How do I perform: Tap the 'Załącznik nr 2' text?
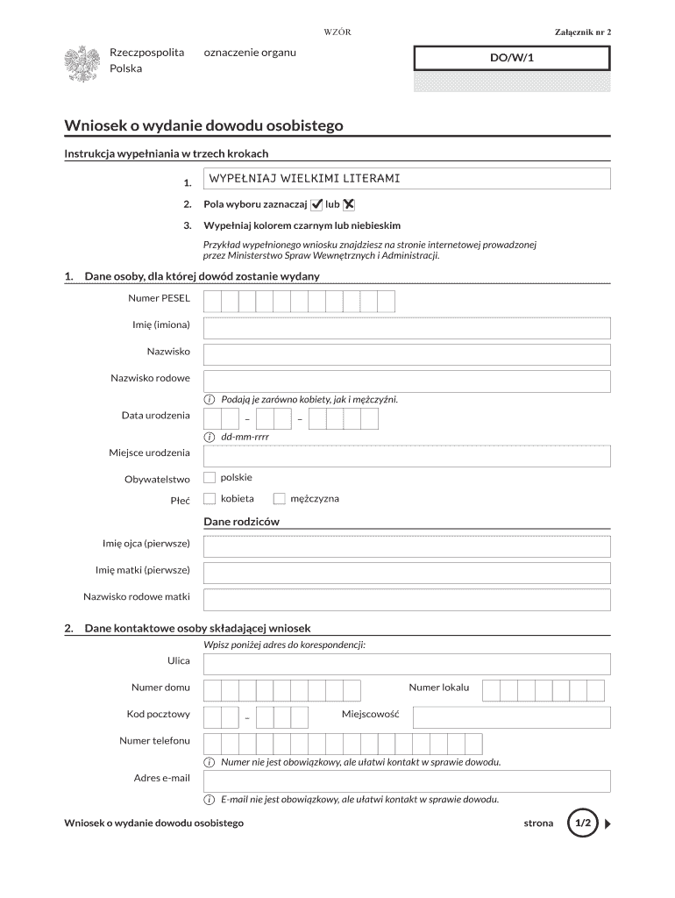pyautogui.click(x=582, y=32)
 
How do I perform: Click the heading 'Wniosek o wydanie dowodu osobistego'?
pyautogui.click(x=203, y=125)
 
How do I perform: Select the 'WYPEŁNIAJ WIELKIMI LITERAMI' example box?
pyautogui.click(x=407, y=179)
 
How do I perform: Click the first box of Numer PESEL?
pyautogui.click(x=212, y=302)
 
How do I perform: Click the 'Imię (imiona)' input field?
pyautogui.click(x=407, y=328)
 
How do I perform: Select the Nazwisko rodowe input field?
pyautogui.click(x=407, y=381)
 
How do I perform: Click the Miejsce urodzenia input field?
pyautogui.click(x=407, y=456)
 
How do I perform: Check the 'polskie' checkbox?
pyautogui.click(x=210, y=478)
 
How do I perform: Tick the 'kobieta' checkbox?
pyautogui.click(x=210, y=499)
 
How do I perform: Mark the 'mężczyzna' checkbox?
pyautogui.click(x=280, y=499)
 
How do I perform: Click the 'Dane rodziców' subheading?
pyautogui.click(x=241, y=522)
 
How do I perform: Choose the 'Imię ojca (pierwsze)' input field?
pyautogui.click(x=407, y=546)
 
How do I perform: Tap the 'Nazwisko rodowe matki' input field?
pyautogui.click(x=407, y=600)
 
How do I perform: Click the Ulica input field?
pyautogui.click(x=407, y=664)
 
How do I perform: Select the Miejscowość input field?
pyautogui.click(x=511, y=717)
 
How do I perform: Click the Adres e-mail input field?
pyautogui.click(x=407, y=780)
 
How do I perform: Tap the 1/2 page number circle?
pyautogui.click(x=583, y=824)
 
